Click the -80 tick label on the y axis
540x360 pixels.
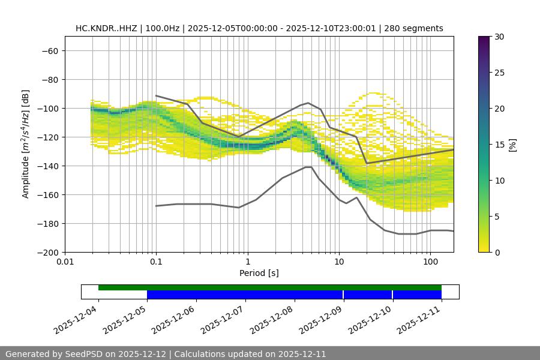50,79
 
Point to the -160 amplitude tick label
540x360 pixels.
47,194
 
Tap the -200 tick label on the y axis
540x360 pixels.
47,252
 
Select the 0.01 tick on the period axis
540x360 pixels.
65,261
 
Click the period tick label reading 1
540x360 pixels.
248,261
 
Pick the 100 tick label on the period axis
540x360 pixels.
430,261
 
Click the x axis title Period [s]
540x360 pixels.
259,273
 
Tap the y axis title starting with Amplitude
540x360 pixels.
26,144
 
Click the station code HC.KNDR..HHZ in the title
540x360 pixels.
107,28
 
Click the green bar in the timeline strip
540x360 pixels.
270,287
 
